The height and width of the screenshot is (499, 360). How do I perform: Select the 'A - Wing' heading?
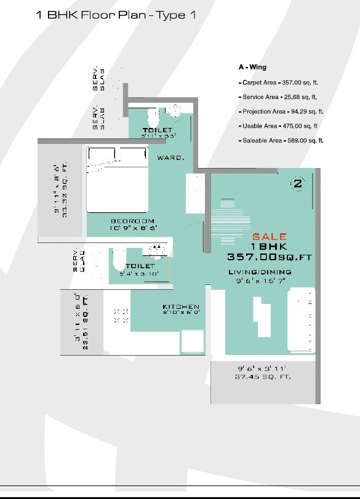(x=252, y=67)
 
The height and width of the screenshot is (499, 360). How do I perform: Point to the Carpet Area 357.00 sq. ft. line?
(x=280, y=82)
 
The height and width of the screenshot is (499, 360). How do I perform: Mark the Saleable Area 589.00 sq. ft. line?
(x=282, y=141)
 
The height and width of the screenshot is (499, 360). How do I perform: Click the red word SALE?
(x=270, y=236)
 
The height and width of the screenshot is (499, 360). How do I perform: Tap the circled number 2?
(x=297, y=183)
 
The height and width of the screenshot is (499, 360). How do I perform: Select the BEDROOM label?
(x=132, y=221)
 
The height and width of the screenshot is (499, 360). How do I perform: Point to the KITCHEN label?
(x=181, y=306)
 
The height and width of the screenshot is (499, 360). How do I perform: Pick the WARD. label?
(x=170, y=158)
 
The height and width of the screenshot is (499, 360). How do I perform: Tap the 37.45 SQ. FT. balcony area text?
(x=264, y=377)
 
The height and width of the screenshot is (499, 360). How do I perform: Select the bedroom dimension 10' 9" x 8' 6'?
(x=133, y=228)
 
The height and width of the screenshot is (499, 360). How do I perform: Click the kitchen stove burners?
(x=121, y=316)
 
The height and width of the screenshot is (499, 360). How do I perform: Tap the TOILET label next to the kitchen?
(x=139, y=266)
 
